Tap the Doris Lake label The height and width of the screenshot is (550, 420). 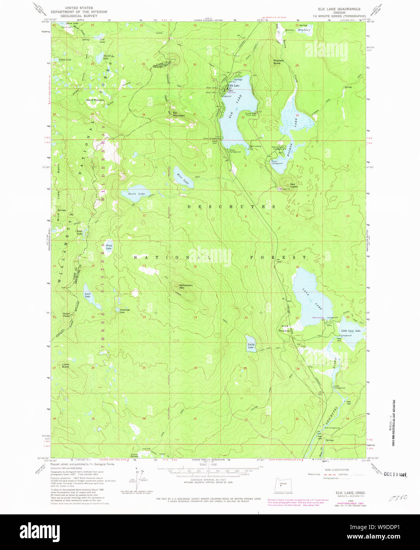(x=136, y=194)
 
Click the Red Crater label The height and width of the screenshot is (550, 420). (x=294, y=185)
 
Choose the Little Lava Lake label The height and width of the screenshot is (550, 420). (x=350, y=330)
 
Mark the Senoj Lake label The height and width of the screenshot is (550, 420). (x=109, y=247)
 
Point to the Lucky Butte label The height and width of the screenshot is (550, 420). (x=66, y=366)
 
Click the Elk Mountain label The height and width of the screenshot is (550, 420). (x=179, y=114)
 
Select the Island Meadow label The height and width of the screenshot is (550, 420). (x=95, y=100)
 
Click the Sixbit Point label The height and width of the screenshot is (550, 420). (x=67, y=315)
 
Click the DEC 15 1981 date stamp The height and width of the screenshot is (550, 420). (x=395, y=474)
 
